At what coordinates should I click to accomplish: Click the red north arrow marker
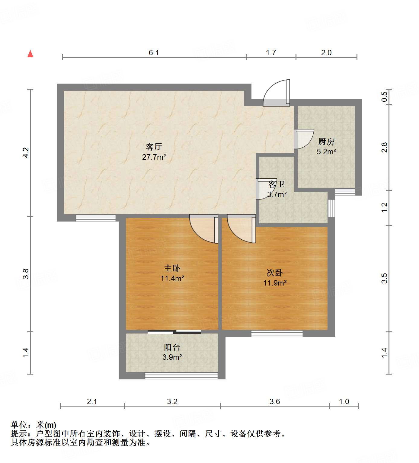click(30, 54)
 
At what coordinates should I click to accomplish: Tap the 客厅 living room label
click(154, 147)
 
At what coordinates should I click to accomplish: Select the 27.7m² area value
click(154, 157)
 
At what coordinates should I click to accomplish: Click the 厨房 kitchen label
click(326, 142)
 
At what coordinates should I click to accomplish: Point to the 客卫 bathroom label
click(277, 184)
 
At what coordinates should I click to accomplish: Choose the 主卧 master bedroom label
click(172, 268)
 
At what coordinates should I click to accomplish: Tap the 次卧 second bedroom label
click(275, 273)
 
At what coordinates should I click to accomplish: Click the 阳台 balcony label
click(172, 347)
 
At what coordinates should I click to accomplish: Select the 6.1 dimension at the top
click(154, 53)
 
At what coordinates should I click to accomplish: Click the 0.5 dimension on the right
click(384, 97)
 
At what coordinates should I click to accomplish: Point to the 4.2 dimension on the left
click(26, 152)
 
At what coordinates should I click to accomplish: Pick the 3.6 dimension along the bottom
click(275, 401)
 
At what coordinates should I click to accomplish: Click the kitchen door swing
click(303, 139)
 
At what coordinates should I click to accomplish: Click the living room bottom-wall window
click(96, 218)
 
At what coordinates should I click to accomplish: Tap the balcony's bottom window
click(181, 376)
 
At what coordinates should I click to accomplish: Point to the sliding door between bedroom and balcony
click(174, 332)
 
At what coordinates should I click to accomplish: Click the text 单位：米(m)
click(34, 425)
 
